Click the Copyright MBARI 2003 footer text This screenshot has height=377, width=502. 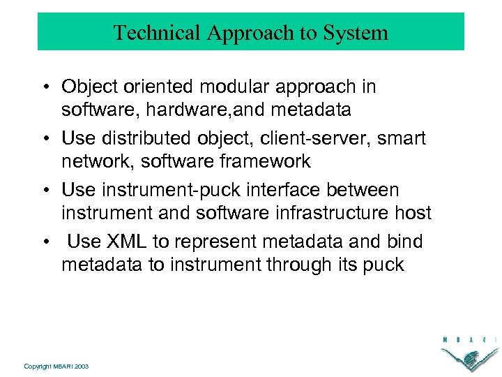click(56, 366)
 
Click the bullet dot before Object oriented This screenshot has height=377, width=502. click(43, 88)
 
